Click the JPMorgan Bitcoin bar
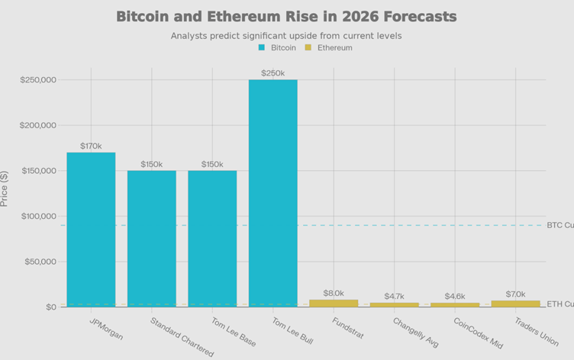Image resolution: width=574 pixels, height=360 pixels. (91, 229)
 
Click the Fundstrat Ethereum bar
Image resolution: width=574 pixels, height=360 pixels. (334, 303)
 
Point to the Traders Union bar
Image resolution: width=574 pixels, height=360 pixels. (515, 304)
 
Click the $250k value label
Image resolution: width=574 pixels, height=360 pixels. (272, 73)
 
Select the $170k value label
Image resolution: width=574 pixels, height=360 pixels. (91, 146)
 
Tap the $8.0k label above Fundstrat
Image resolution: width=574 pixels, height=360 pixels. (334, 293)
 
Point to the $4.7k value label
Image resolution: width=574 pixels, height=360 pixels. (394, 296)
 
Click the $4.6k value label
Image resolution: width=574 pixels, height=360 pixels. (455, 296)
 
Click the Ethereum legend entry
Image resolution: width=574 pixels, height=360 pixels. (329, 47)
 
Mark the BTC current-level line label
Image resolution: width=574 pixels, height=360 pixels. (559, 225)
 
